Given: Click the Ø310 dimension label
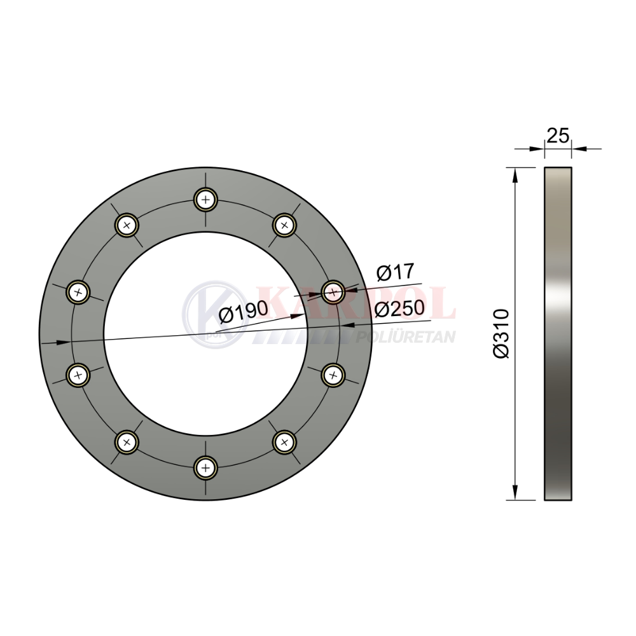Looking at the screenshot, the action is (501, 333).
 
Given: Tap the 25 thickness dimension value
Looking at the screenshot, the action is (558, 136).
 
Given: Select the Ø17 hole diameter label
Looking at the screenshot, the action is (395, 272).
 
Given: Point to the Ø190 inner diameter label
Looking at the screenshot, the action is (244, 312).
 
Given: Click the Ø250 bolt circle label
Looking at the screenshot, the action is (399, 308).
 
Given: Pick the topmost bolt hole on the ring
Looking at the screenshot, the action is (205, 200).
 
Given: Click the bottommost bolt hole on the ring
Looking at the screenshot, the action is (205, 468).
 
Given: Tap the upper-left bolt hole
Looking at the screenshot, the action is (127, 225).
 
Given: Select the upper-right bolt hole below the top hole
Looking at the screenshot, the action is (285, 225).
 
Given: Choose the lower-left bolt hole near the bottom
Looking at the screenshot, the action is (127, 442).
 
